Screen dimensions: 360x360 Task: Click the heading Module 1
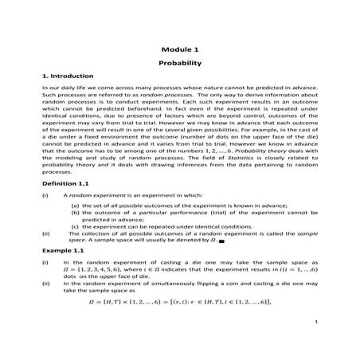click(179, 49)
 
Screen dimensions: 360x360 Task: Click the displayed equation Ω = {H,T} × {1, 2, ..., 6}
click(181, 300)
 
